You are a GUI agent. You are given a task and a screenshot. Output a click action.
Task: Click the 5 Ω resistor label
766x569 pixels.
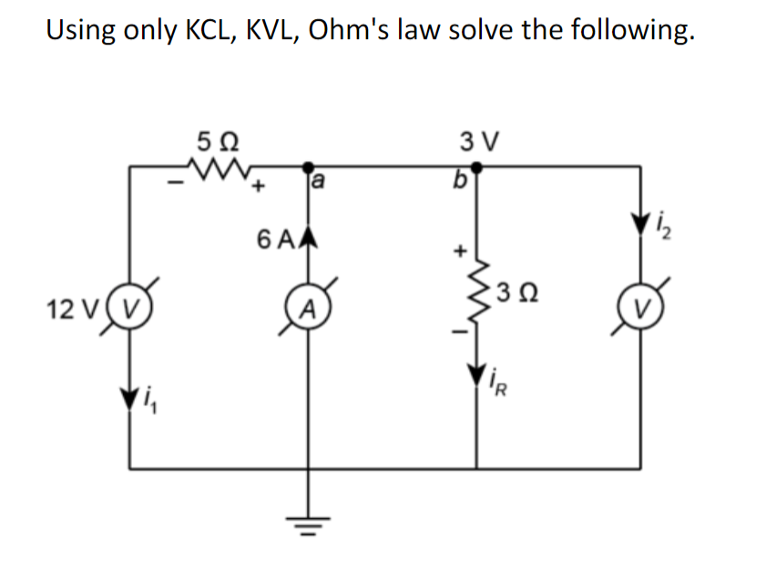218,143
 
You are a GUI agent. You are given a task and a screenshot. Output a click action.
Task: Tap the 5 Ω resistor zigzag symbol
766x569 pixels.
217,168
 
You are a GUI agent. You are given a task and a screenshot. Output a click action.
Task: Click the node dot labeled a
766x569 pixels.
306,167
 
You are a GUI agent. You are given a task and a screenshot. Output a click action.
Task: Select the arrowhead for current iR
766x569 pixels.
476,374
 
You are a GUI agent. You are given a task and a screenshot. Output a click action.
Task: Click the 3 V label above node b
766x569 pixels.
477,143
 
